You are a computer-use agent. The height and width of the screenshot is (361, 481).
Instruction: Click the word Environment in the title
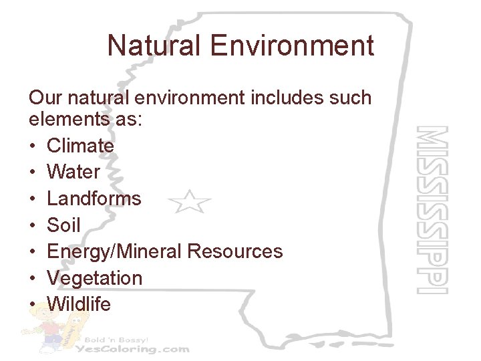[x=291, y=46]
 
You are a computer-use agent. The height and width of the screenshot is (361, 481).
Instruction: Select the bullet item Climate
[x=80, y=146]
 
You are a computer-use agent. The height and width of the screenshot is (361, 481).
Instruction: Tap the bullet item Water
[x=73, y=172]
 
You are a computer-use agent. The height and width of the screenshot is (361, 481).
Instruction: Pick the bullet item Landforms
[x=94, y=199]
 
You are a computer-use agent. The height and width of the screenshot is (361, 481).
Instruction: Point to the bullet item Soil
[x=63, y=225]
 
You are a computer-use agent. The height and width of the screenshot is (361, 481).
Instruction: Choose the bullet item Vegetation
[x=94, y=278]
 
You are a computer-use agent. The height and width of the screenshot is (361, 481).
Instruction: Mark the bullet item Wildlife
[x=79, y=304]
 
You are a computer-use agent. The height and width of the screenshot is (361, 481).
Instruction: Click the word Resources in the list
[x=235, y=251]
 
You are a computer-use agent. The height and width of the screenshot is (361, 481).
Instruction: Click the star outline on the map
[x=189, y=201]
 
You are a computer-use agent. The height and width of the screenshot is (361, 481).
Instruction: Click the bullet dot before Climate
[x=33, y=146]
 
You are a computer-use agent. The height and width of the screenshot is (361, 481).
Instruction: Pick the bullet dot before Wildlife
[x=33, y=305]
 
